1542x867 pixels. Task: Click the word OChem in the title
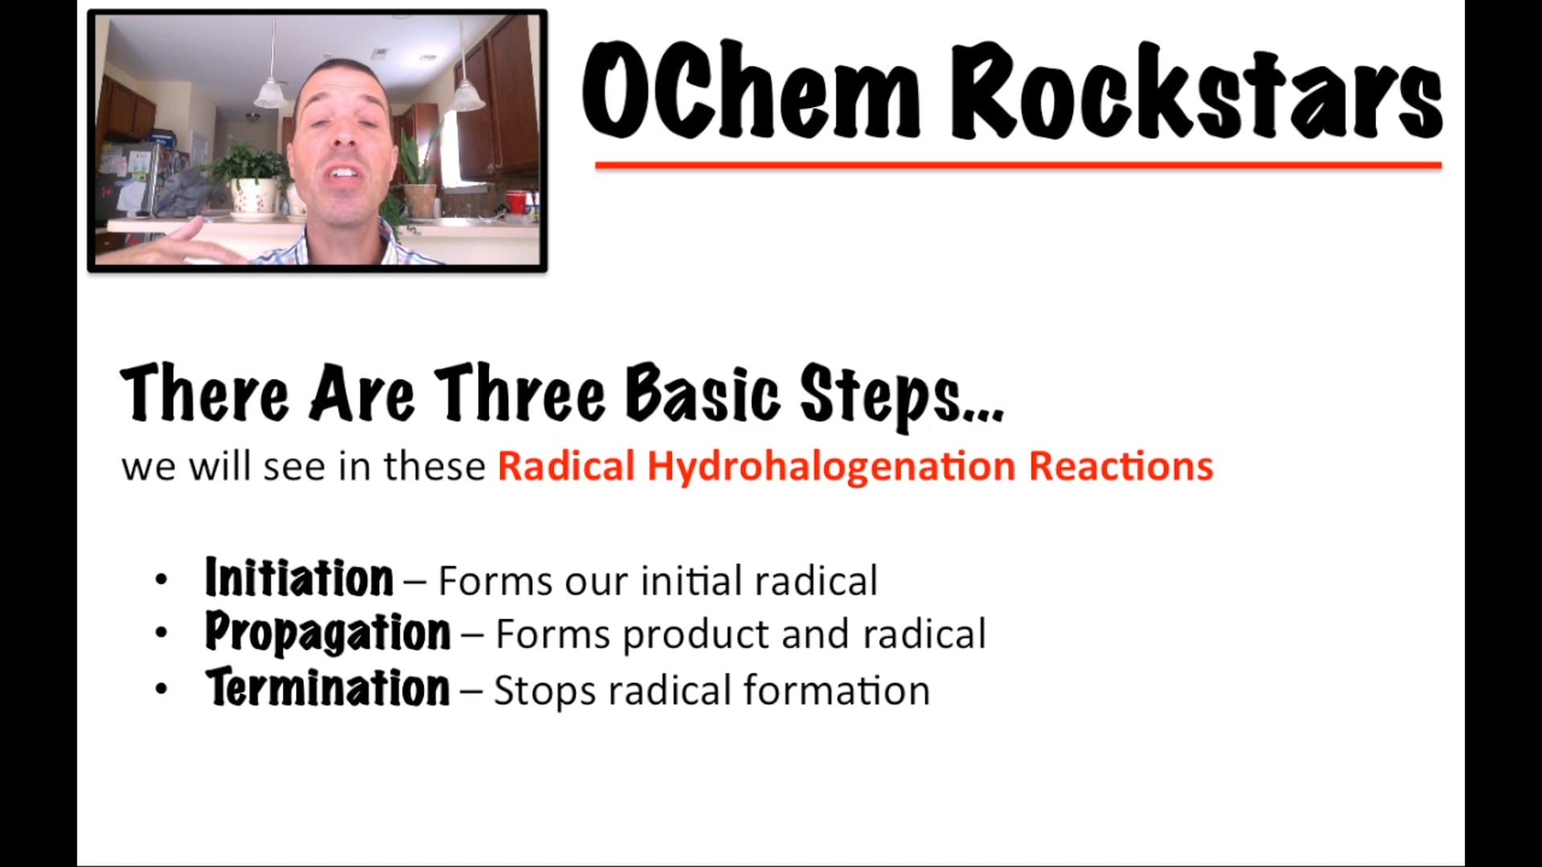750,91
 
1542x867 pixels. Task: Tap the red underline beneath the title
1018,165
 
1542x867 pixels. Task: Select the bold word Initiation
299,578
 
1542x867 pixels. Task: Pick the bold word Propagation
328,633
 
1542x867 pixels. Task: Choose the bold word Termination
328,689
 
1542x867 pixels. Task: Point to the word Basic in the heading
702,393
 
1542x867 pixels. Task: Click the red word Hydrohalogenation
831,466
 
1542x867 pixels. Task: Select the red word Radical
566,466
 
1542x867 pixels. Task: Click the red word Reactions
1120,466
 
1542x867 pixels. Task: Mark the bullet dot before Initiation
161,580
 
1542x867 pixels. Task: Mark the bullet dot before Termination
161,689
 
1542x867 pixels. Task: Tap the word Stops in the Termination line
544,691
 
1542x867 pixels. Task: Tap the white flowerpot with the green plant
252,197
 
